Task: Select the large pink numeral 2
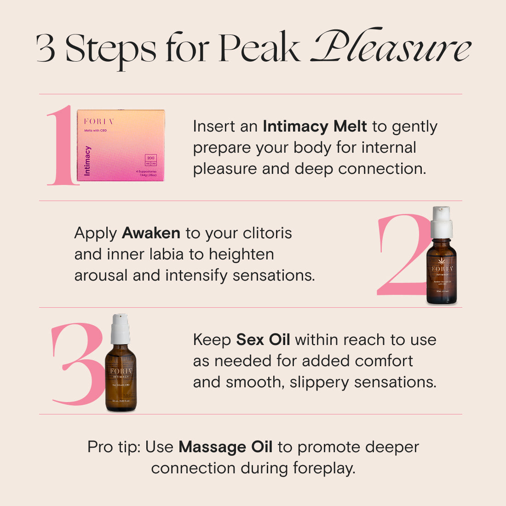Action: [x=400, y=255]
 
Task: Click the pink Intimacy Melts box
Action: [x=121, y=145]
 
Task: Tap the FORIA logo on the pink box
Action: [x=98, y=121]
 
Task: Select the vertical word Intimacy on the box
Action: [x=87, y=161]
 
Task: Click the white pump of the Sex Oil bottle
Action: [x=121, y=328]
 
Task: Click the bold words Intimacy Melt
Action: [x=315, y=126]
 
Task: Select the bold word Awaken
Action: [x=151, y=233]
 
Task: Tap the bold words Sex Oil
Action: [x=263, y=339]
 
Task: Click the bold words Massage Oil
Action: [x=225, y=447]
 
